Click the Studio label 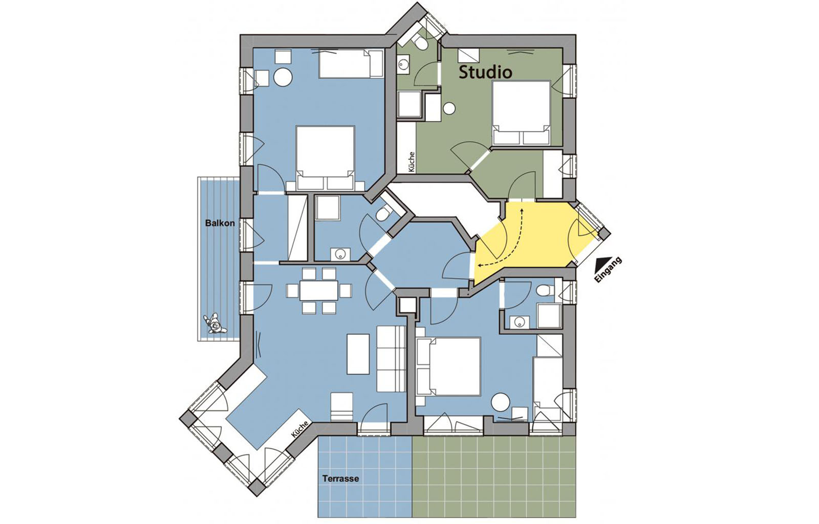pyautogui.click(x=485, y=72)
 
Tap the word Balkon pyautogui.click(x=220, y=223)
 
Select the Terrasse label pyautogui.click(x=340, y=478)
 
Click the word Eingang pyautogui.click(x=608, y=270)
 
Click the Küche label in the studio pyautogui.click(x=412, y=162)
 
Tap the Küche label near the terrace pyautogui.click(x=300, y=429)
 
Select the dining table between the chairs pyautogui.click(x=318, y=291)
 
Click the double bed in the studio pyautogui.click(x=522, y=113)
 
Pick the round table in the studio pyautogui.click(x=449, y=108)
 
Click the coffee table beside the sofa pyautogui.click(x=358, y=354)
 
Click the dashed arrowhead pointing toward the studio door pyautogui.click(x=522, y=211)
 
